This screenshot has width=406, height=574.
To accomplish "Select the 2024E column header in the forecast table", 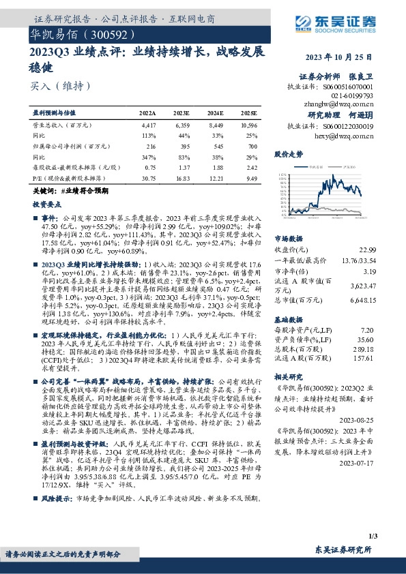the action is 215,112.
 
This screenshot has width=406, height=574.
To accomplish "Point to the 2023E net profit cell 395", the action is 182,146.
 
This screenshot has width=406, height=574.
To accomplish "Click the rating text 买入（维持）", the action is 61,86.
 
